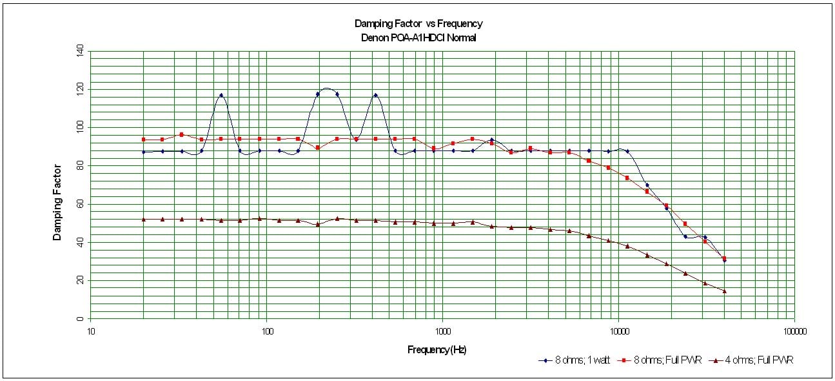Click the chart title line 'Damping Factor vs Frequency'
click(418, 24)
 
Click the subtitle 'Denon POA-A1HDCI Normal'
click(418, 37)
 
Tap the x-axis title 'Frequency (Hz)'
click(437, 350)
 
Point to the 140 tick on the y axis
click(81, 50)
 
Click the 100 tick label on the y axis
click(81, 127)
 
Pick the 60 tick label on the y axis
click(81, 204)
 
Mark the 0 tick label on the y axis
click(81, 319)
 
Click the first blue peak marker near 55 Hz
click(221, 95)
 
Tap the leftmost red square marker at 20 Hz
click(144, 139)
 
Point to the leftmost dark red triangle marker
click(144, 219)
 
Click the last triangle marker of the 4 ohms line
click(724, 291)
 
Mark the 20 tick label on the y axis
click(81, 280)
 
